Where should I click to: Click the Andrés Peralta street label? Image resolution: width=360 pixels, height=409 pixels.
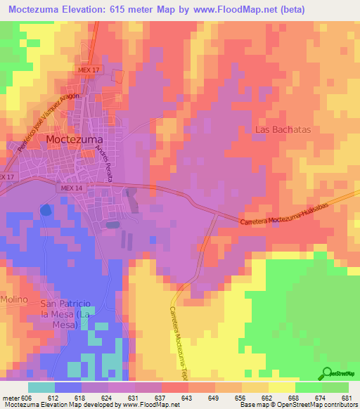click(105, 163)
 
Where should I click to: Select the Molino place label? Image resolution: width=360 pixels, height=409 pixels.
click(13, 299)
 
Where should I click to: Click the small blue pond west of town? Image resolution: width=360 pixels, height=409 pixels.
click(46, 209)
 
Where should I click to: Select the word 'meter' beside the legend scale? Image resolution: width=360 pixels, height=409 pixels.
click(11, 398)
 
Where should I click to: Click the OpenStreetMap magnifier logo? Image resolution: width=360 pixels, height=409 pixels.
click(326, 373)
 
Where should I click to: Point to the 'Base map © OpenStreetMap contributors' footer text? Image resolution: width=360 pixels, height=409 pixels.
click(295, 405)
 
